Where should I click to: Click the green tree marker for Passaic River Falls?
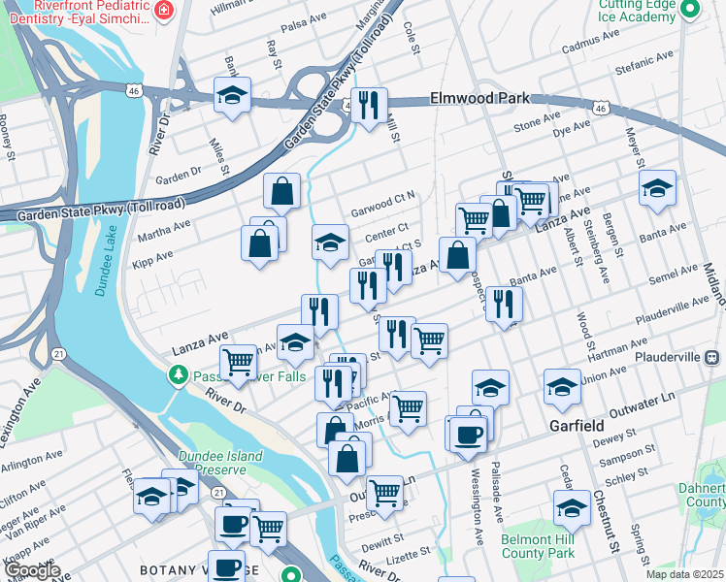(x=178, y=374)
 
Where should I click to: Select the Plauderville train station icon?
(x=714, y=357)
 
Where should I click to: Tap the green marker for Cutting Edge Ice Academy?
(x=690, y=11)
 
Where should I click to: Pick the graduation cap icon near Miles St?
(x=232, y=95)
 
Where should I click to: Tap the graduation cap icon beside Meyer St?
(x=657, y=188)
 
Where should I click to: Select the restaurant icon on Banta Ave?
(x=504, y=303)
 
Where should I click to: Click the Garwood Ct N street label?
(x=383, y=198)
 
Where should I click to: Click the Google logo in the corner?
(x=31, y=570)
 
